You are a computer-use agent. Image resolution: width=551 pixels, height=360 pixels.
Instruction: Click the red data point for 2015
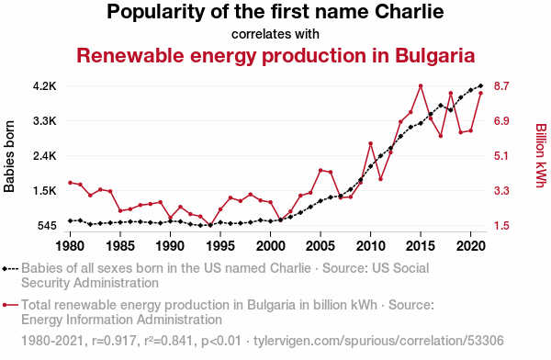421,85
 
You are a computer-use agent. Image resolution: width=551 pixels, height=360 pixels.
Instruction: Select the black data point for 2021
480,85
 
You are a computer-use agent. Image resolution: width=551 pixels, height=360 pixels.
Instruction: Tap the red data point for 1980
71,183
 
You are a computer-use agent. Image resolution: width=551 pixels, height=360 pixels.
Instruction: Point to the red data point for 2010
370,143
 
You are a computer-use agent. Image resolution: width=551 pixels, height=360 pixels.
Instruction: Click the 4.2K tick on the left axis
45,86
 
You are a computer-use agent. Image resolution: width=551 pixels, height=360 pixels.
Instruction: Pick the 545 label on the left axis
47,225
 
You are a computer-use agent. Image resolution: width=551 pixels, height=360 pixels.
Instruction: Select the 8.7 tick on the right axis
501,86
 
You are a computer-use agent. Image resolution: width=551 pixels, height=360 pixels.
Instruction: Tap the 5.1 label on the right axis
501,156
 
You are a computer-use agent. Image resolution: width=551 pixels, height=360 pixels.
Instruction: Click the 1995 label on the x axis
220,246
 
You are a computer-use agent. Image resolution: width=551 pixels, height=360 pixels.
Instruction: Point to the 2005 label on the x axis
320,246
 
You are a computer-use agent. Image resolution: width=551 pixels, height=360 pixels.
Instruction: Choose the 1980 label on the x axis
71,246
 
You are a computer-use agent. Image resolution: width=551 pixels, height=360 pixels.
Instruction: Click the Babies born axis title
9,156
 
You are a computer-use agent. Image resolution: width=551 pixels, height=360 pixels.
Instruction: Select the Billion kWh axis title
541,155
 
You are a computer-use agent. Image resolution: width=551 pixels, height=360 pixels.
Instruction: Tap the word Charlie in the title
409,12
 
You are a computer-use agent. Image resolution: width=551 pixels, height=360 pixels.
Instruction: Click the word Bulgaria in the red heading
434,56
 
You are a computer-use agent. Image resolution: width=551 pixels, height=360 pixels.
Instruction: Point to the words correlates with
275,34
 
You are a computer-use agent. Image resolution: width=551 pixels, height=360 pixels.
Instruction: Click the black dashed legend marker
10,269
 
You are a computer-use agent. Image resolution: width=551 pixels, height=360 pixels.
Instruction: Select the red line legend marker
10,305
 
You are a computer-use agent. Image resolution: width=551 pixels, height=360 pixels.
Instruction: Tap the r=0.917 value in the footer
114,341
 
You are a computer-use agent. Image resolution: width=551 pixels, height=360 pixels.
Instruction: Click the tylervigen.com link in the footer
378,341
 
